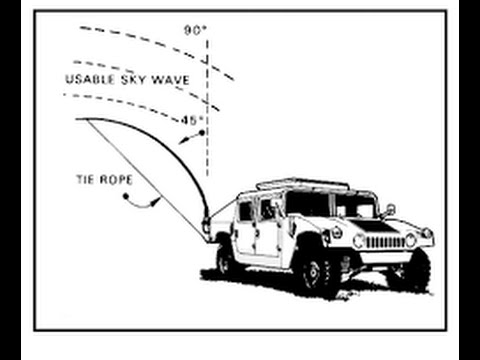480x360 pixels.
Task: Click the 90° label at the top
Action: (x=194, y=29)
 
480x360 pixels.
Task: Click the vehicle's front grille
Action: (x=382, y=241)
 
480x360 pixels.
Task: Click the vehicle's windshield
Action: (x=330, y=204)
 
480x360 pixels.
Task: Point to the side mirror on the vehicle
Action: (x=389, y=210)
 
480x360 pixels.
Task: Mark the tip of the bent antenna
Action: (x=78, y=119)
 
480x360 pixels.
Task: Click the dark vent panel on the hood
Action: (x=378, y=226)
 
